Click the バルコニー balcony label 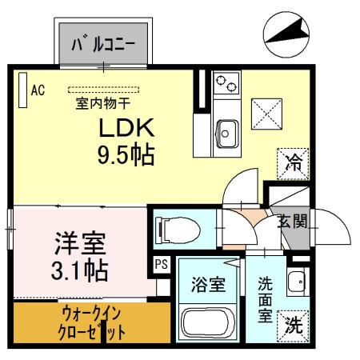click(103, 43)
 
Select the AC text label click(37, 90)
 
